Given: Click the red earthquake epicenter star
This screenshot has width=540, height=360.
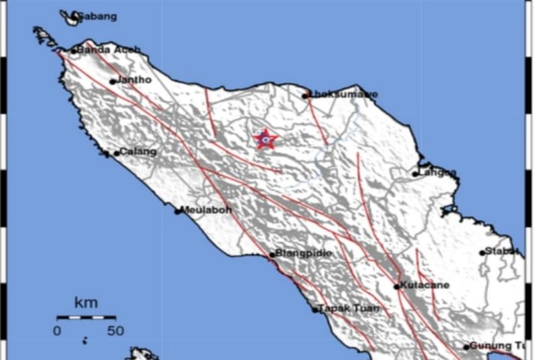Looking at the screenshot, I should click(x=265, y=140).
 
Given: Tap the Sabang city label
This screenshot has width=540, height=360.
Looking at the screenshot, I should click(x=97, y=16).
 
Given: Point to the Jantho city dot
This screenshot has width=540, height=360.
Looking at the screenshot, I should click(x=113, y=82).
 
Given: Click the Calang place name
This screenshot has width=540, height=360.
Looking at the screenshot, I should click(x=138, y=152).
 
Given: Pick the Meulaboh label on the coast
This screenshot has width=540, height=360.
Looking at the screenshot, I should click(x=207, y=210).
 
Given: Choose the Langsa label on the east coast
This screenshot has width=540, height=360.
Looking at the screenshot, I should click(x=437, y=173).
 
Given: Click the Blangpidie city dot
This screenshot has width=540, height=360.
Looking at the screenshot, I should click(x=272, y=255).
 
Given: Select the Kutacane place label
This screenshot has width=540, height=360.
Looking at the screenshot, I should click(x=425, y=285).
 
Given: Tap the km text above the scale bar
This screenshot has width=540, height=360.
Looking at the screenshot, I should click(x=85, y=301).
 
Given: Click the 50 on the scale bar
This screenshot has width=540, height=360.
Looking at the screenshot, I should click(x=115, y=331).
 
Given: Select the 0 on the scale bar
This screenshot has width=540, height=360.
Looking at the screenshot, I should click(x=57, y=331).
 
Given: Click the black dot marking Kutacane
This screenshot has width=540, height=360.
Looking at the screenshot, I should click(x=397, y=286).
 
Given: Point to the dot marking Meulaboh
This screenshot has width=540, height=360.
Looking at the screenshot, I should click(x=178, y=211).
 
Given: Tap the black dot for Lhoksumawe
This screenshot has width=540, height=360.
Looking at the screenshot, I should click(x=305, y=95).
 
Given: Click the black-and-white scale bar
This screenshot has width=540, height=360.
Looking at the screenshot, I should click(x=86, y=317).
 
